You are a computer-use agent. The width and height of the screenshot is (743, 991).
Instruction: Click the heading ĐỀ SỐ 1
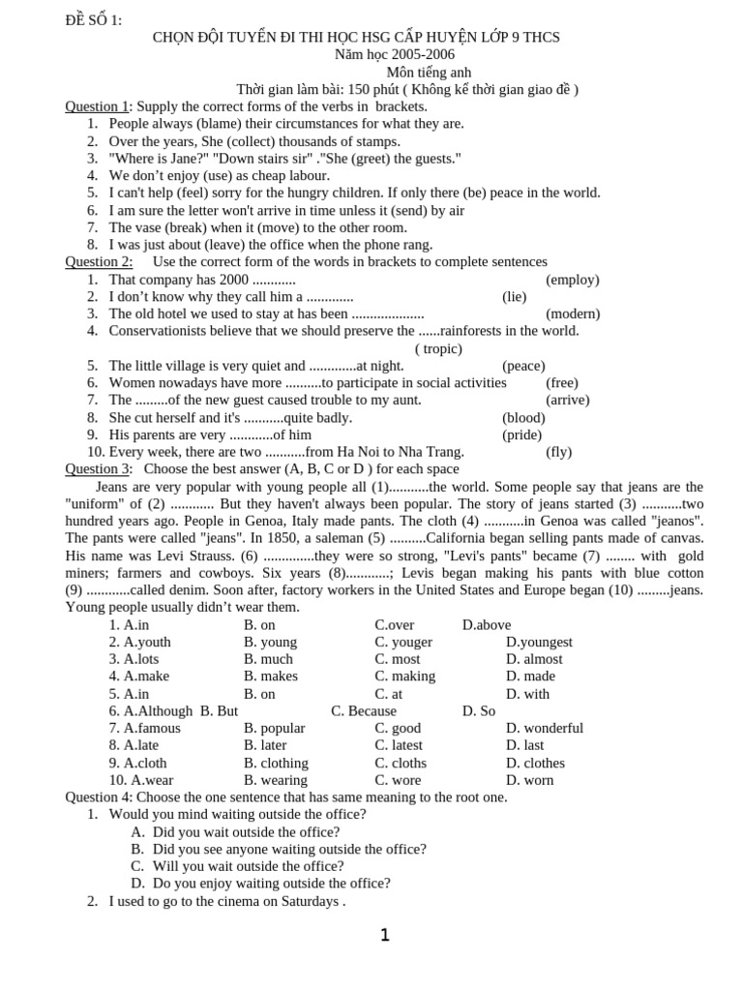tap(94, 20)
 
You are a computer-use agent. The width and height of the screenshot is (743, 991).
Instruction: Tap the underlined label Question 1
tap(97, 106)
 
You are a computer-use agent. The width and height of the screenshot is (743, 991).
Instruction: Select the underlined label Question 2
tap(99, 261)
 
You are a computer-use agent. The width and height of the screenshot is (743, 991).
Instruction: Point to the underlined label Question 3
tap(98, 469)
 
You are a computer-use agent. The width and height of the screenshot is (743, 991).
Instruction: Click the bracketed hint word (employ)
tap(573, 280)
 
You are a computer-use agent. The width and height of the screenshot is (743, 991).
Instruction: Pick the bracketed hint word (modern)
tap(573, 314)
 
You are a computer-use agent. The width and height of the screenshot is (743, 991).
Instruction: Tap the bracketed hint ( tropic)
tap(438, 348)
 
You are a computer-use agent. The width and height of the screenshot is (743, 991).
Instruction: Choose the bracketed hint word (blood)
tap(523, 417)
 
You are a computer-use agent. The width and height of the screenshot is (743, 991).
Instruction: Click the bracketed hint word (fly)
tap(559, 452)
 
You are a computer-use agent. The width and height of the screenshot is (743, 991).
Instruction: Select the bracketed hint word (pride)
tap(522, 435)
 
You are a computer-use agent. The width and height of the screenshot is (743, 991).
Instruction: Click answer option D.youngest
tap(539, 642)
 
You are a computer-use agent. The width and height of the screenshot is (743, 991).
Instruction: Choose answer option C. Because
tap(364, 710)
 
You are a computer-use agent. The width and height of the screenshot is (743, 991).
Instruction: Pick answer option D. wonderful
tap(545, 728)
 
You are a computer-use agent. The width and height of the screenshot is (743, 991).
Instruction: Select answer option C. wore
tap(399, 780)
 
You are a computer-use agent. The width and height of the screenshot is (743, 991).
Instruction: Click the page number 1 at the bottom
tap(385, 935)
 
